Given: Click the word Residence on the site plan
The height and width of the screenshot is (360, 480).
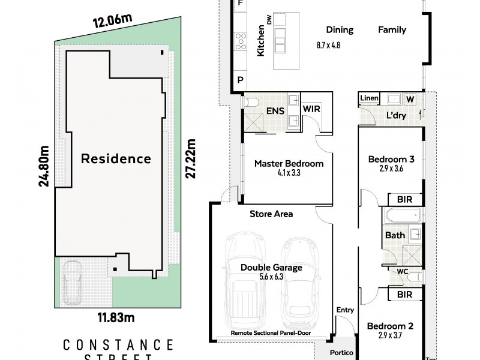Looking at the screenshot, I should click(x=116, y=159).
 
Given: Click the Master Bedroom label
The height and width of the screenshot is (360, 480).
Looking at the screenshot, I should click(x=289, y=163).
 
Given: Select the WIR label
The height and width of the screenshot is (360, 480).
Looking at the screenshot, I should click(x=311, y=109).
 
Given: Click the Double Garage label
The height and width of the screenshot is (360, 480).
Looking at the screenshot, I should click(x=272, y=268).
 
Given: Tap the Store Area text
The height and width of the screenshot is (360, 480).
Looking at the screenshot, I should click(x=271, y=214).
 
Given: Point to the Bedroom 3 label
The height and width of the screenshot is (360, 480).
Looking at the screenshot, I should click(x=391, y=160).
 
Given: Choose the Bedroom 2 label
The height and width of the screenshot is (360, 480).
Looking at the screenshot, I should click(x=391, y=326).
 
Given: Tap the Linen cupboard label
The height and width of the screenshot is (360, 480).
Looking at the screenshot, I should click(x=368, y=98).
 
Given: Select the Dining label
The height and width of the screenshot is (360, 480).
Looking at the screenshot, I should click(x=340, y=29).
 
